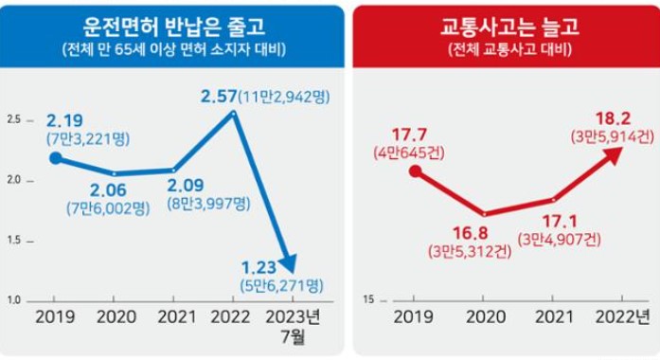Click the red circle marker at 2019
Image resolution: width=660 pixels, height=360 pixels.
414,171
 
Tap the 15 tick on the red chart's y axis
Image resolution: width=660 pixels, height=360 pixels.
368,300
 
